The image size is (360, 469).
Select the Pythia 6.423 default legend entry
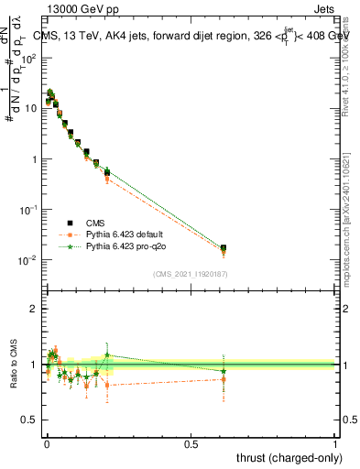pyautogui.click(x=119, y=234)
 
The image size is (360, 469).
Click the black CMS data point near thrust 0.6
pyautogui.click(x=224, y=248)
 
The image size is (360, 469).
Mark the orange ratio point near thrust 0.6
pyautogui.click(x=224, y=379)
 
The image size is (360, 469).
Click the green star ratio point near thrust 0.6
pyautogui.click(x=224, y=371)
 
